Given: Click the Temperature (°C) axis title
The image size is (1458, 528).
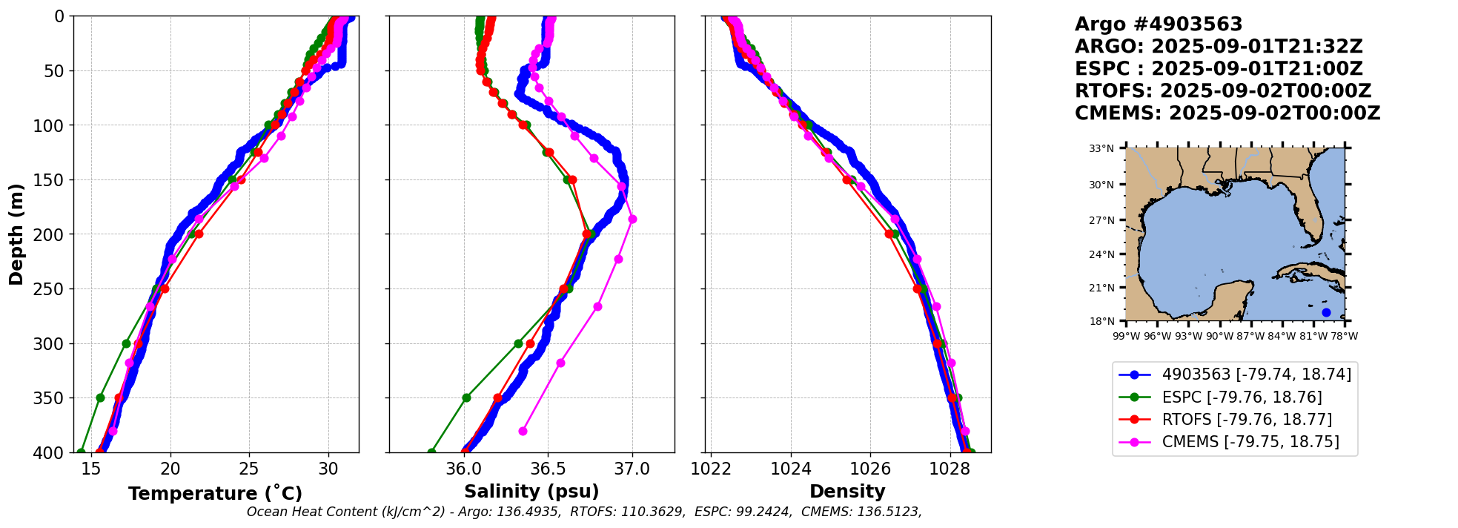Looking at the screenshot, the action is pos(215,493).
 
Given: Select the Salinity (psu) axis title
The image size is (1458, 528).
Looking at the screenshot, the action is pos(531,492).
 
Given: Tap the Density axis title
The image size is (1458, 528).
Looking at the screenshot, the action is pos(847,492).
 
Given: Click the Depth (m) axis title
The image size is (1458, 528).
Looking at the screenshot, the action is pos(16,234).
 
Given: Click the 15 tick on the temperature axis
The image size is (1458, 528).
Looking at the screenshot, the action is pos(90,469).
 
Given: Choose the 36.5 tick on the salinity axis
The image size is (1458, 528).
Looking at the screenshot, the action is pos(548,469).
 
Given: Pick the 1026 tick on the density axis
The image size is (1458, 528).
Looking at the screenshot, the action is pos(869,469).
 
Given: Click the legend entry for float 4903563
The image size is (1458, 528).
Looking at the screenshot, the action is pos(1235,374).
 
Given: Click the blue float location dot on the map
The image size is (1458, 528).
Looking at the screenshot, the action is pos(1326,312).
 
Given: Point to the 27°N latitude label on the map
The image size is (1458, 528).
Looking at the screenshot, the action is pos(1101,220).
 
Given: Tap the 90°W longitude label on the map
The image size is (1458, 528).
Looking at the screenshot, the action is pos(1219,336).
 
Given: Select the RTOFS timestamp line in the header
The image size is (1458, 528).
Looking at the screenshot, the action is pos(1223,91).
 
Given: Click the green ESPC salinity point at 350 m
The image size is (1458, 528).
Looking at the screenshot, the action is pos(466,398).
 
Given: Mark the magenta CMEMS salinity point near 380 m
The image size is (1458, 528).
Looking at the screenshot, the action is pos(523,431).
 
